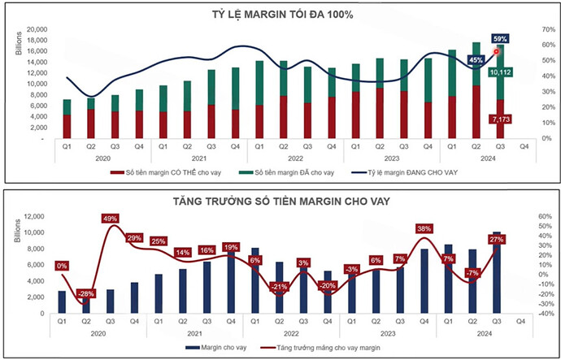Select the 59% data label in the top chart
[501, 38]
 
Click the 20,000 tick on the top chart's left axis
[36, 28]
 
